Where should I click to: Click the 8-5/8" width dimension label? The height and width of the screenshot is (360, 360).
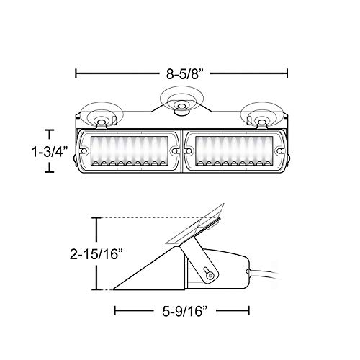pos(185,73)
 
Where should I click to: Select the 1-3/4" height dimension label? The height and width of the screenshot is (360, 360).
pos(48,151)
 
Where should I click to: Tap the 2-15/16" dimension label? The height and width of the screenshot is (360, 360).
pos(96,254)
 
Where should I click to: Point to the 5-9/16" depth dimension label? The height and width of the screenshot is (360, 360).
pos(184,311)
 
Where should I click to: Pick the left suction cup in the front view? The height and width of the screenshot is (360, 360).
pos(102,115)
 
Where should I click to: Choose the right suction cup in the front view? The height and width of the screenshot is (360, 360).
pos(262,115)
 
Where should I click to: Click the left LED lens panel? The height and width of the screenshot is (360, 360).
pos(129,151)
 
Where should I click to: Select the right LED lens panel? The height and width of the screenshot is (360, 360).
pos(234,151)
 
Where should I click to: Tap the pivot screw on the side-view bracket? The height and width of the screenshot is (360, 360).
pos(210,276)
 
